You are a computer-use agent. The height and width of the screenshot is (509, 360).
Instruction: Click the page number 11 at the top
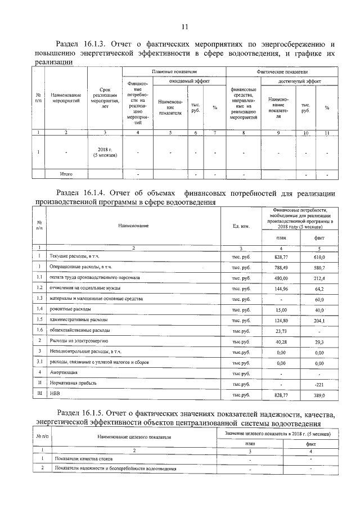pos(184,26)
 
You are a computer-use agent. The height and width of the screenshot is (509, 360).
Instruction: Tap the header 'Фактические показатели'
pos(282,73)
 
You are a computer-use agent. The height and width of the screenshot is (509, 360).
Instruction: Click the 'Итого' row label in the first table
pos(66,174)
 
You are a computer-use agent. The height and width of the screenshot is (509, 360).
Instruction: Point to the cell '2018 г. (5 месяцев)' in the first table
pos(105,152)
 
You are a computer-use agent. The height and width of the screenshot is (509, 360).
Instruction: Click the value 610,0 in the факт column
pos(319,256)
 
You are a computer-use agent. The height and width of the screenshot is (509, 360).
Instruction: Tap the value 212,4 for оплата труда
pos(319,278)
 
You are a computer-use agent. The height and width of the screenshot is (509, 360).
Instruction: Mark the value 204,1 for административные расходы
pos(319,320)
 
